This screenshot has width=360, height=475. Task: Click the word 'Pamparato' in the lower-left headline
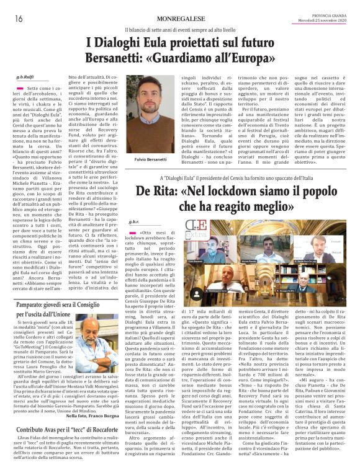35,305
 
